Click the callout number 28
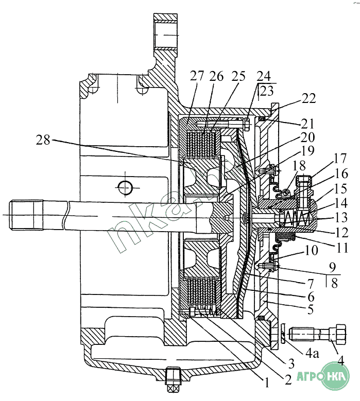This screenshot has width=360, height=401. pos(43,140)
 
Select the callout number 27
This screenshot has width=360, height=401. pos(197,76)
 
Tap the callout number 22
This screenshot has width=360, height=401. pos(308,98)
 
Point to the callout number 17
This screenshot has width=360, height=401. pos(340,159)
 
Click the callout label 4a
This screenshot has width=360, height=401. pos(312,354)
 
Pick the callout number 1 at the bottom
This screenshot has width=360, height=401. pos(266,382)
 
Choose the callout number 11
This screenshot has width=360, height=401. pos(342,248)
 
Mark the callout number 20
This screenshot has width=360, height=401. pos(307,137)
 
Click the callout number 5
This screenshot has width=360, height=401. pos(311,309)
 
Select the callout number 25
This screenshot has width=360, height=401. pos(238,76)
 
